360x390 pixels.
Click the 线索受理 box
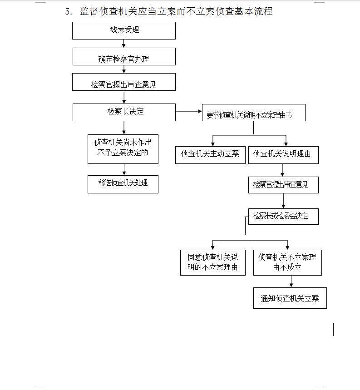(124, 30)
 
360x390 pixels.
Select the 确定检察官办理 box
(124, 57)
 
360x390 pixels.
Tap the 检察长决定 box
(124, 112)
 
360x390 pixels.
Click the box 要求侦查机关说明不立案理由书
(253, 113)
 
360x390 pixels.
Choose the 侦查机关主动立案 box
(210, 155)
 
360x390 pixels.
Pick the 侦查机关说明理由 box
(283, 155)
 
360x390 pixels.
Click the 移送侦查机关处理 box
(123, 184)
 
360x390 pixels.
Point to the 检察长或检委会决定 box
(283, 217)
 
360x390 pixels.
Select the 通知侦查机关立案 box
(290, 298)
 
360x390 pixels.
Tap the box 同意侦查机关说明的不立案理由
(212, 262)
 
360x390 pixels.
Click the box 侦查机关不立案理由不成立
(287, 262)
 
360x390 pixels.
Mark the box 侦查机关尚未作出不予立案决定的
(123, 148)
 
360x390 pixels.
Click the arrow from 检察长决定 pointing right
(188, 111)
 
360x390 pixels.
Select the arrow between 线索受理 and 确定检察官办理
(124, 44)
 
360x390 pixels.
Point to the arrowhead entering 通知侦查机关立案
(291, 285)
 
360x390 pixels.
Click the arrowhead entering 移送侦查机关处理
(124, 173)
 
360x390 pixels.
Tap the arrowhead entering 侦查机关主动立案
(212, 144)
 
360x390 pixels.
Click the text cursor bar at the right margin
(334, 330)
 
